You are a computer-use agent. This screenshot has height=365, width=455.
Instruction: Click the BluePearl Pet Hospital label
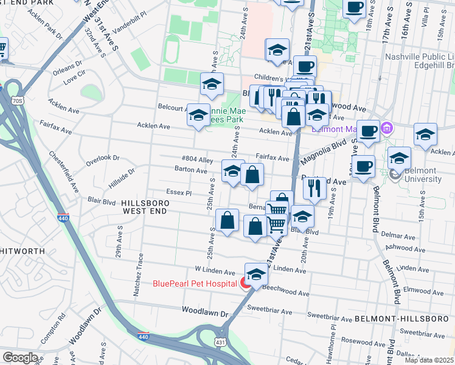point(194,283)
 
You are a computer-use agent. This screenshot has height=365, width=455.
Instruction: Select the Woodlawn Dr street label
point(204,310)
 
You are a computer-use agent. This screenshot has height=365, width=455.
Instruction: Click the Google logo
point(20,358)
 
